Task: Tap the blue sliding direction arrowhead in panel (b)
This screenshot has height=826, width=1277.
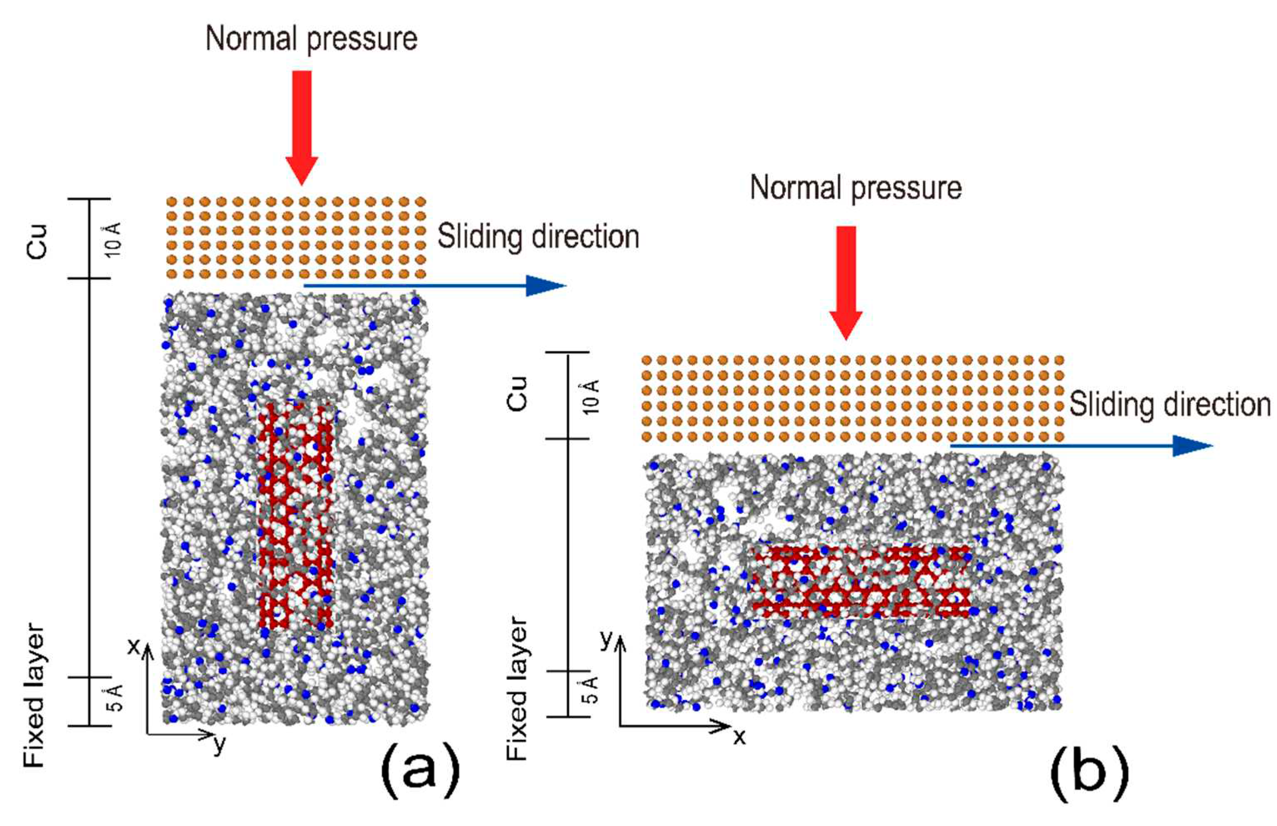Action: click(x=1192, y=446)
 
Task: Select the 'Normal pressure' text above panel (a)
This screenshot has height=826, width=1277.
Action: click(x=312, y=39)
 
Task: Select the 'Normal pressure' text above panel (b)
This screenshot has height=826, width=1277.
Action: click(x=856, y=188)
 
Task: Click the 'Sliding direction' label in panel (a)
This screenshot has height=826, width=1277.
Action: click(x=538, y=237)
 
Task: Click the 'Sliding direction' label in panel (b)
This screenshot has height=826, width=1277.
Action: click(x=1170, y=404)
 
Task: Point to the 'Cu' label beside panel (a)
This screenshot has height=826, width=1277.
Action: click(x=38, y=241)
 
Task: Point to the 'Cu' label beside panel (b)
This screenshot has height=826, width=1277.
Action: click(x=518, y=394)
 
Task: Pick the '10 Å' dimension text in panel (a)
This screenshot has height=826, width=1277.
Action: click(x=113, y=239)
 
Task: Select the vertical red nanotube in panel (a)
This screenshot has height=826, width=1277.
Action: click(x=295, y=515)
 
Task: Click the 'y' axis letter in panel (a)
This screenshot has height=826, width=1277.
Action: click(x=219, y=744)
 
